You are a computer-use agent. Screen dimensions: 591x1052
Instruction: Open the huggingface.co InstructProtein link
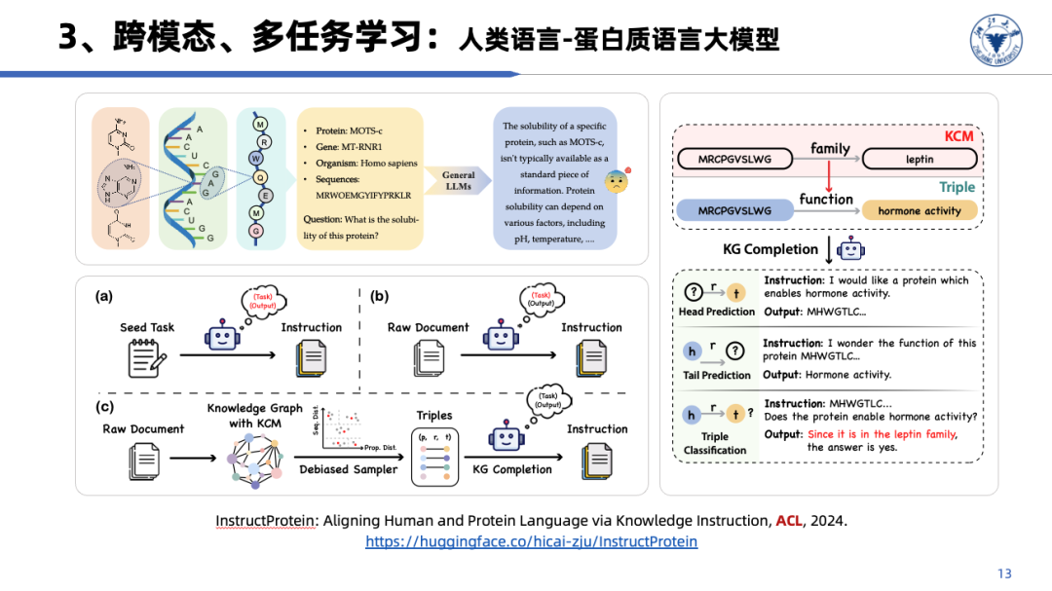point(531,541)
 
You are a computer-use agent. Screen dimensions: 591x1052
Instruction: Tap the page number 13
point(1005,573)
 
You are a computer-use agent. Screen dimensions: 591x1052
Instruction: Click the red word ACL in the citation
point(789,521)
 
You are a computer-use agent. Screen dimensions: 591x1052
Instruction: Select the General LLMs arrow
point(459,180)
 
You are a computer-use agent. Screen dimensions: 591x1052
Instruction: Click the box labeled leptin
point(919,159)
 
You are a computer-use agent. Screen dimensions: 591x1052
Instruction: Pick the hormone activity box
point(919,210)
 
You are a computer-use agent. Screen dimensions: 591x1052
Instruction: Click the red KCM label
point(958,136)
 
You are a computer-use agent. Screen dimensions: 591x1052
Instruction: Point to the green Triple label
point(957,187)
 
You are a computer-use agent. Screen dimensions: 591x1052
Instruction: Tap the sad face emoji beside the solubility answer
point(618,181)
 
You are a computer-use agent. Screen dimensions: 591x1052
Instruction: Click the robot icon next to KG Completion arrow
point(851,249)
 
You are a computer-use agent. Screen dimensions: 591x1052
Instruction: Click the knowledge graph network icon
point(253,458)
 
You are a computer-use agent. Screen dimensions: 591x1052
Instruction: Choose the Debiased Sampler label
point(349,469)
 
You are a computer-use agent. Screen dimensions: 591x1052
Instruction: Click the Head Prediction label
point(717,312)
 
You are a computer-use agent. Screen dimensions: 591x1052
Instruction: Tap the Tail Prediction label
point(717,375)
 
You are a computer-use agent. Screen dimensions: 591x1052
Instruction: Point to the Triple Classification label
point(715,443)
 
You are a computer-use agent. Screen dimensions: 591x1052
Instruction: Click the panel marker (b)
point(379,297)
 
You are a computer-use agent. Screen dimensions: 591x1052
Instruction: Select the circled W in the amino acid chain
point(255,158)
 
